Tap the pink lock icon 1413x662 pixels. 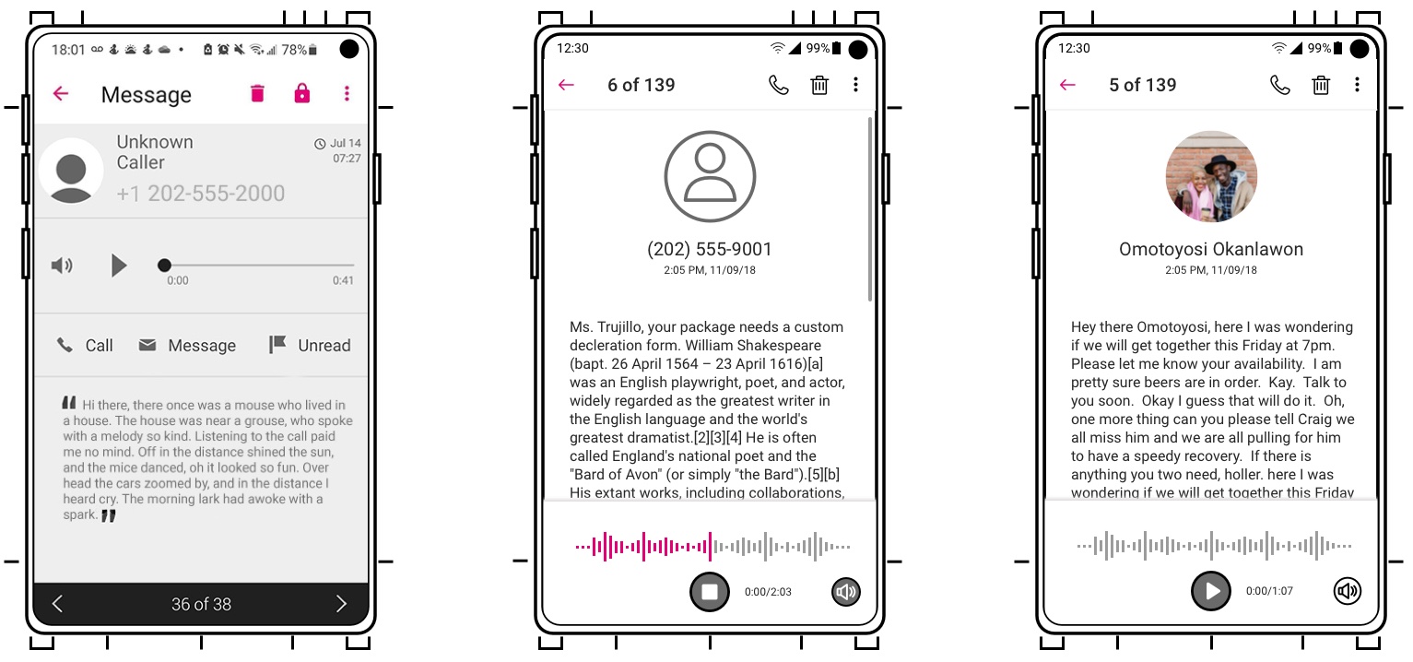(x=302, y=93)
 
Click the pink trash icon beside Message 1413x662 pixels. (x=257, y=93)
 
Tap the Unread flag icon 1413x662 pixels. (x=277, y=344)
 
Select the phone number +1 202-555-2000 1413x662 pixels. (x=201, y=193)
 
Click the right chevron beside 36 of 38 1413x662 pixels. (x=341, y=604)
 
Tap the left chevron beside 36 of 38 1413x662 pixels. (x=57, y=604)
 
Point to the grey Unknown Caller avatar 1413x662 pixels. (x=71, y=171)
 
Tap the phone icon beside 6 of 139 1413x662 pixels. (x=779, y=85)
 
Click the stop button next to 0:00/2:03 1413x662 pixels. (x=710, y=591)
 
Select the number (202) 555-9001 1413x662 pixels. (x=710, y=249)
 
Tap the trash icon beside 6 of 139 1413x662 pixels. (x=819, y=85)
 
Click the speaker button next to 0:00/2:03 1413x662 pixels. (x=846, y=591)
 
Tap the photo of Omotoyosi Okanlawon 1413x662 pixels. (x=1211, y=177)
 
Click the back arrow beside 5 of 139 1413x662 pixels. (x=1067, y=85)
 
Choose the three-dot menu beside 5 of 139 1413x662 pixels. (x=1357, y=85)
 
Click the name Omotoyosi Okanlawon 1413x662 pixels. (x=1211, y=249)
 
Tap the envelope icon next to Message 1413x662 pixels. (x=147, y=345)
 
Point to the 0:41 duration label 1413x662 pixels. (x=343, y=280)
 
